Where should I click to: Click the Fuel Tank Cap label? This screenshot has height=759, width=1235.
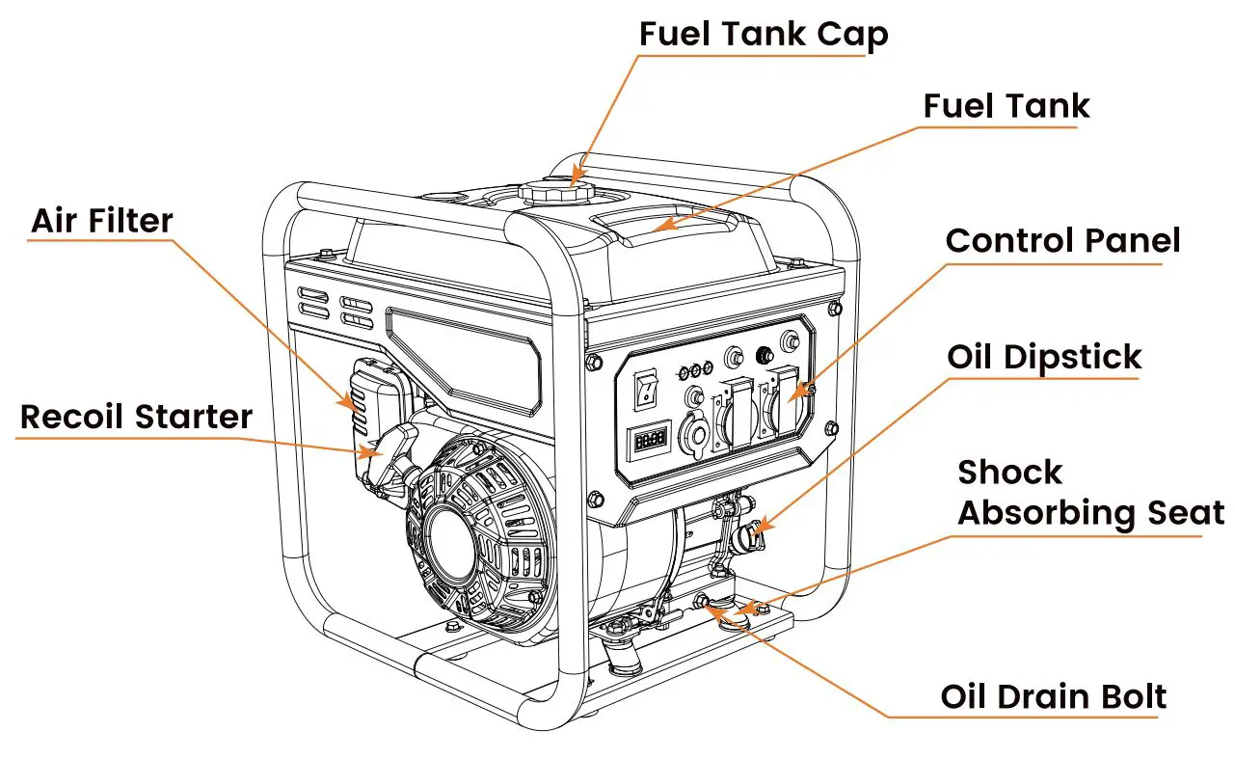(x=763, y=35)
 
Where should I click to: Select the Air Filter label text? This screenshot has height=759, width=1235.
(x=102, y=221)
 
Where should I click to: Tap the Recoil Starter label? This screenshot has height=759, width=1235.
(x=136, y=417)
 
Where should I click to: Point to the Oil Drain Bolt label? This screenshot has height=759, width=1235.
(x=1054, y=696)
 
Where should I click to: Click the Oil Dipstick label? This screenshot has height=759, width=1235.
(x=1044, y=357)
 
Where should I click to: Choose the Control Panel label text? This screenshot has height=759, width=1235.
(x=1062, y=240)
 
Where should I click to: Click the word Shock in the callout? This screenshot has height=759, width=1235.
(x=1009, y=473)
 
